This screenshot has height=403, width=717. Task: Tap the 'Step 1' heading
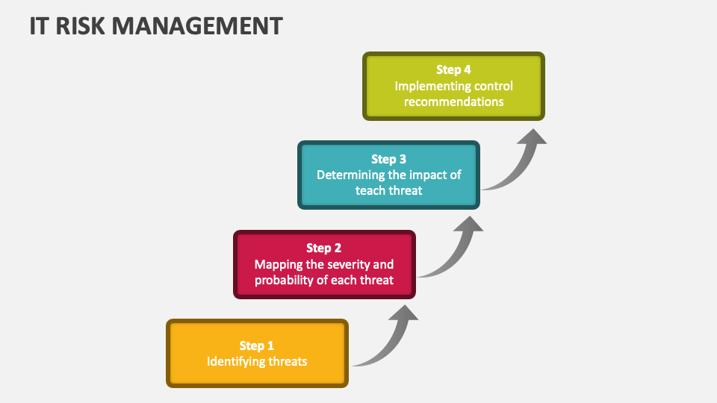(257, 346)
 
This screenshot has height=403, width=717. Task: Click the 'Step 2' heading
(324, 248)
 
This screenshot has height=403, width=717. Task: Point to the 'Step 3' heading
(389, 159)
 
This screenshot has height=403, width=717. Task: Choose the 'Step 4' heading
(454, 69)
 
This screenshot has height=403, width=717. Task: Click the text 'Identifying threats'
(257, 362)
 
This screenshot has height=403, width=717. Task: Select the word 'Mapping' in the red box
(278, 264)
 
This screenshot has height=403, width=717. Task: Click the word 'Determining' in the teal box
(348, 175)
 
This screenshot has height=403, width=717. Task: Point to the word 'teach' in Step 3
(370, 191)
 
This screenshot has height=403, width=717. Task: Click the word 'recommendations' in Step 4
(454, 102)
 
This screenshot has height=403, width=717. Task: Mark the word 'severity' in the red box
(349, 264)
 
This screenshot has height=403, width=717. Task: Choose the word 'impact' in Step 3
(426, 175)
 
